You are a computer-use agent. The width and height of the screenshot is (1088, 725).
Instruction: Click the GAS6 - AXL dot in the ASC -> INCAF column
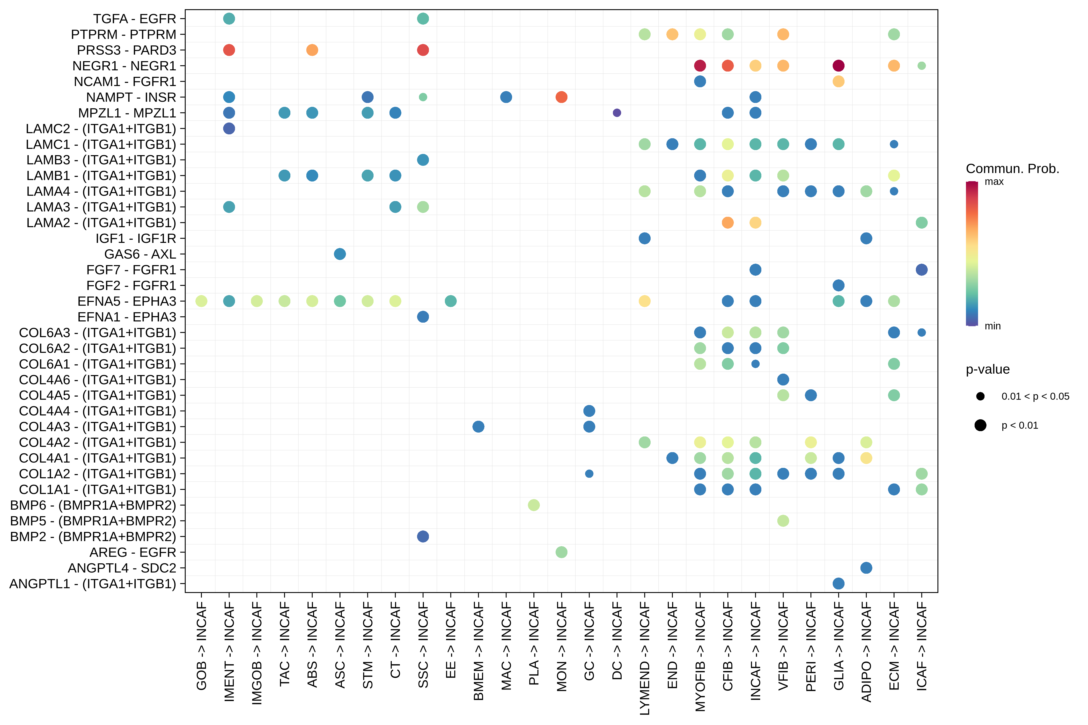(x=339, y=254)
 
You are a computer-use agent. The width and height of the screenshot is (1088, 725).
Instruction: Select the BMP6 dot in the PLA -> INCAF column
(x=533, y=505)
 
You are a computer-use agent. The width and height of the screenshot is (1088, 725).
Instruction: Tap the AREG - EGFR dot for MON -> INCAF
(x=561, y=552)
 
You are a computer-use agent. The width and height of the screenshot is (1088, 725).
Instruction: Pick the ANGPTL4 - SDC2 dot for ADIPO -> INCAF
(x=866, y=568)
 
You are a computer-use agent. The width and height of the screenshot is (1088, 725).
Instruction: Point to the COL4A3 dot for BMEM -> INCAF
(x=478, y=426)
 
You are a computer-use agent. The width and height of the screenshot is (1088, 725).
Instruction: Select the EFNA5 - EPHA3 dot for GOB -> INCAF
(x=201, y=301)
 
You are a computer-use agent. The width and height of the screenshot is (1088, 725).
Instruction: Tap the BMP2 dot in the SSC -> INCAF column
(x=423, y=536)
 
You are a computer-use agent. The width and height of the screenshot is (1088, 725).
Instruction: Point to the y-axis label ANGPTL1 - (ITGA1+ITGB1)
(x=93, y=584)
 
